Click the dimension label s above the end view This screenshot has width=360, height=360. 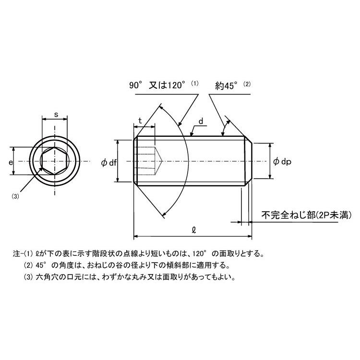tap(56, 115)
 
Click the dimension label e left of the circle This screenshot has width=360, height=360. tap(11, 163)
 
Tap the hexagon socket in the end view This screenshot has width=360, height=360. tap(55, 161)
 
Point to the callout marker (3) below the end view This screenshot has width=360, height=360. tap(15, 196)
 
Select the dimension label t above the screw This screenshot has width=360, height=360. tap(140, 121)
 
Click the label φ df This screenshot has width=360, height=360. tap(109, 163)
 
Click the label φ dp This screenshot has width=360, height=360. tap(282, 162)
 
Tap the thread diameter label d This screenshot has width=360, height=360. tap(201, 121)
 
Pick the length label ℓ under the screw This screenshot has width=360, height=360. tap(194, 230)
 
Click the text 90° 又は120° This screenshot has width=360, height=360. tap(157, 85)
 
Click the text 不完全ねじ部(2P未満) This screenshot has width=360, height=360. tap(306, 215)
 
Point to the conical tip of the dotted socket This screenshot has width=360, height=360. tap(162, 161)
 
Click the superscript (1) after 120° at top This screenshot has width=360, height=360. tap(195, 83)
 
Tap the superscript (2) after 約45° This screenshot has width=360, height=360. tap(247, 84)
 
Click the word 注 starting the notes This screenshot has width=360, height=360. tap(16, 253)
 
